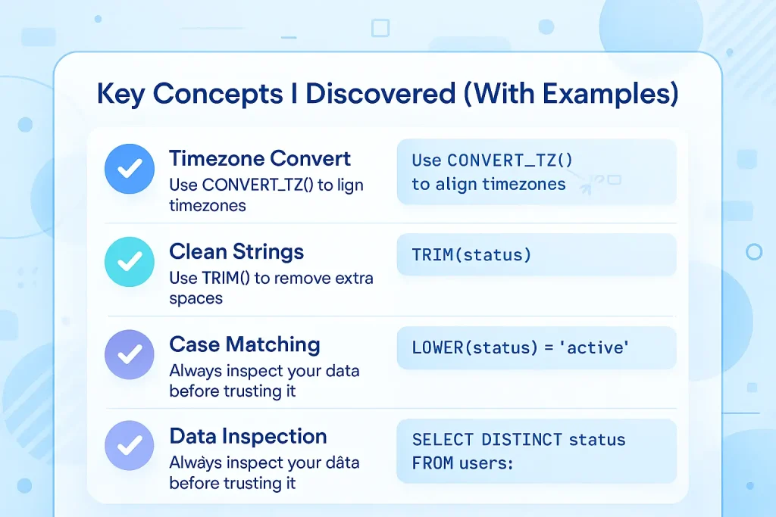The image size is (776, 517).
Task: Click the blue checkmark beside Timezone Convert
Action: pos(130,169)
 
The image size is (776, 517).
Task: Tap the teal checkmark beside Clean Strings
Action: pos(130,262)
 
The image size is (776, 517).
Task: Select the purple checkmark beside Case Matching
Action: pos(130,354)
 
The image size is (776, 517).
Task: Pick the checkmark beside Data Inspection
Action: pos(130,445)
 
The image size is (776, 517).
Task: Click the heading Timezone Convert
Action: pos(260,159)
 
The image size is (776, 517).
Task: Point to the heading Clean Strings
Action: pos(236,252)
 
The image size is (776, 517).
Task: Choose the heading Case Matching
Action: pos(245,345)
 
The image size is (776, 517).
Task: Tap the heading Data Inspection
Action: pos(248,437)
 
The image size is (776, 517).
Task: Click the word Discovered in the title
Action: pos(380,93)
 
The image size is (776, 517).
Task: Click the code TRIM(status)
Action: pos(471,255)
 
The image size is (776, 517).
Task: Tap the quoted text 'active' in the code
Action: pos(594,347)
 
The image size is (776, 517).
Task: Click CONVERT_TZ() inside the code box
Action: pos(510,160)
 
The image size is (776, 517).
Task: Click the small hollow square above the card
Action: pos(380,28)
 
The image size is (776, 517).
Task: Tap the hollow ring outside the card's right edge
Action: pos(754,252)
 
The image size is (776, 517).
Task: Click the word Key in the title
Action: pos(120,94)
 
